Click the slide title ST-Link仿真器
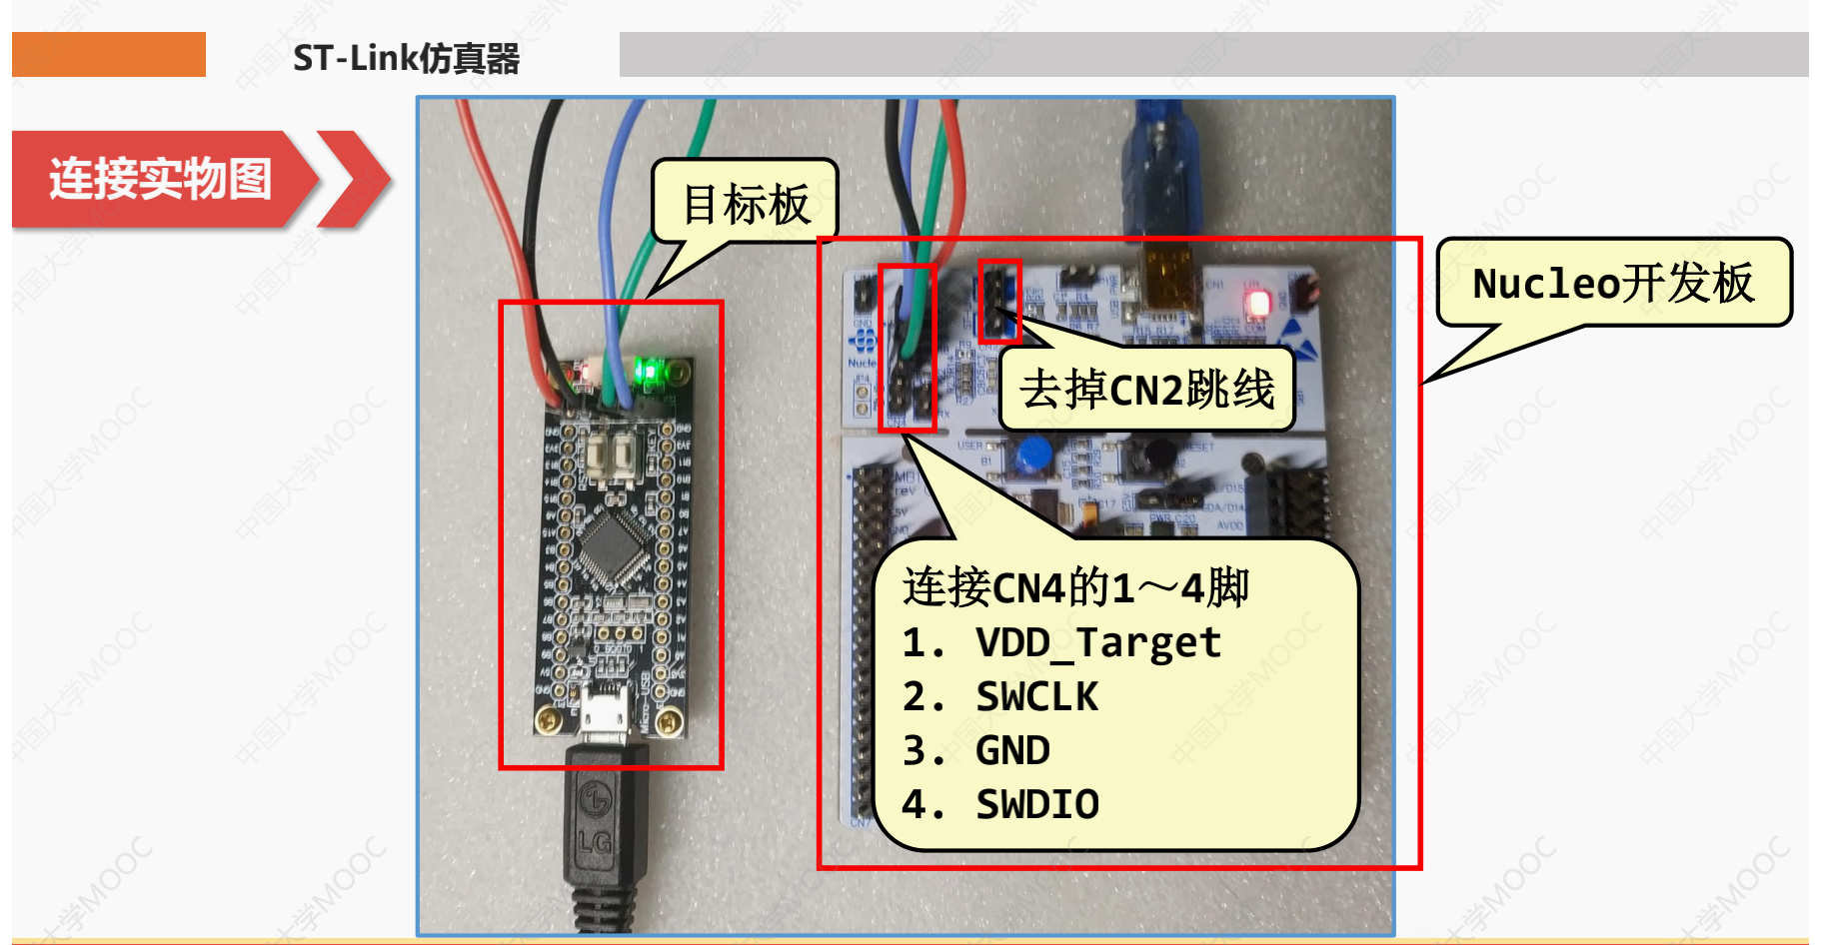(x=406, y=58)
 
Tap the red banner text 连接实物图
(x=160, y=179)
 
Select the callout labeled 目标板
(x=745, y=204)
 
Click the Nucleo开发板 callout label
(x=1613, y=283)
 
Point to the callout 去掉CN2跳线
(x=1146, y=389)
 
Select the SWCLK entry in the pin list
(x=1036, y=696)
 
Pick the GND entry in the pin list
(x=1012, y=750)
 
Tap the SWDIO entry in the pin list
(x=1037, y=804)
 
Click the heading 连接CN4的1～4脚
(x=1075, y=587)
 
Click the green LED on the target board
(x=650, y=373)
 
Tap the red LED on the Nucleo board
(x=1258, y=303)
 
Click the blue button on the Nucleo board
(x=1032, y=456)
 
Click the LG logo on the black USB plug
(x=596, y=800)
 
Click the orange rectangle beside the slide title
(x=109, y=54)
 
